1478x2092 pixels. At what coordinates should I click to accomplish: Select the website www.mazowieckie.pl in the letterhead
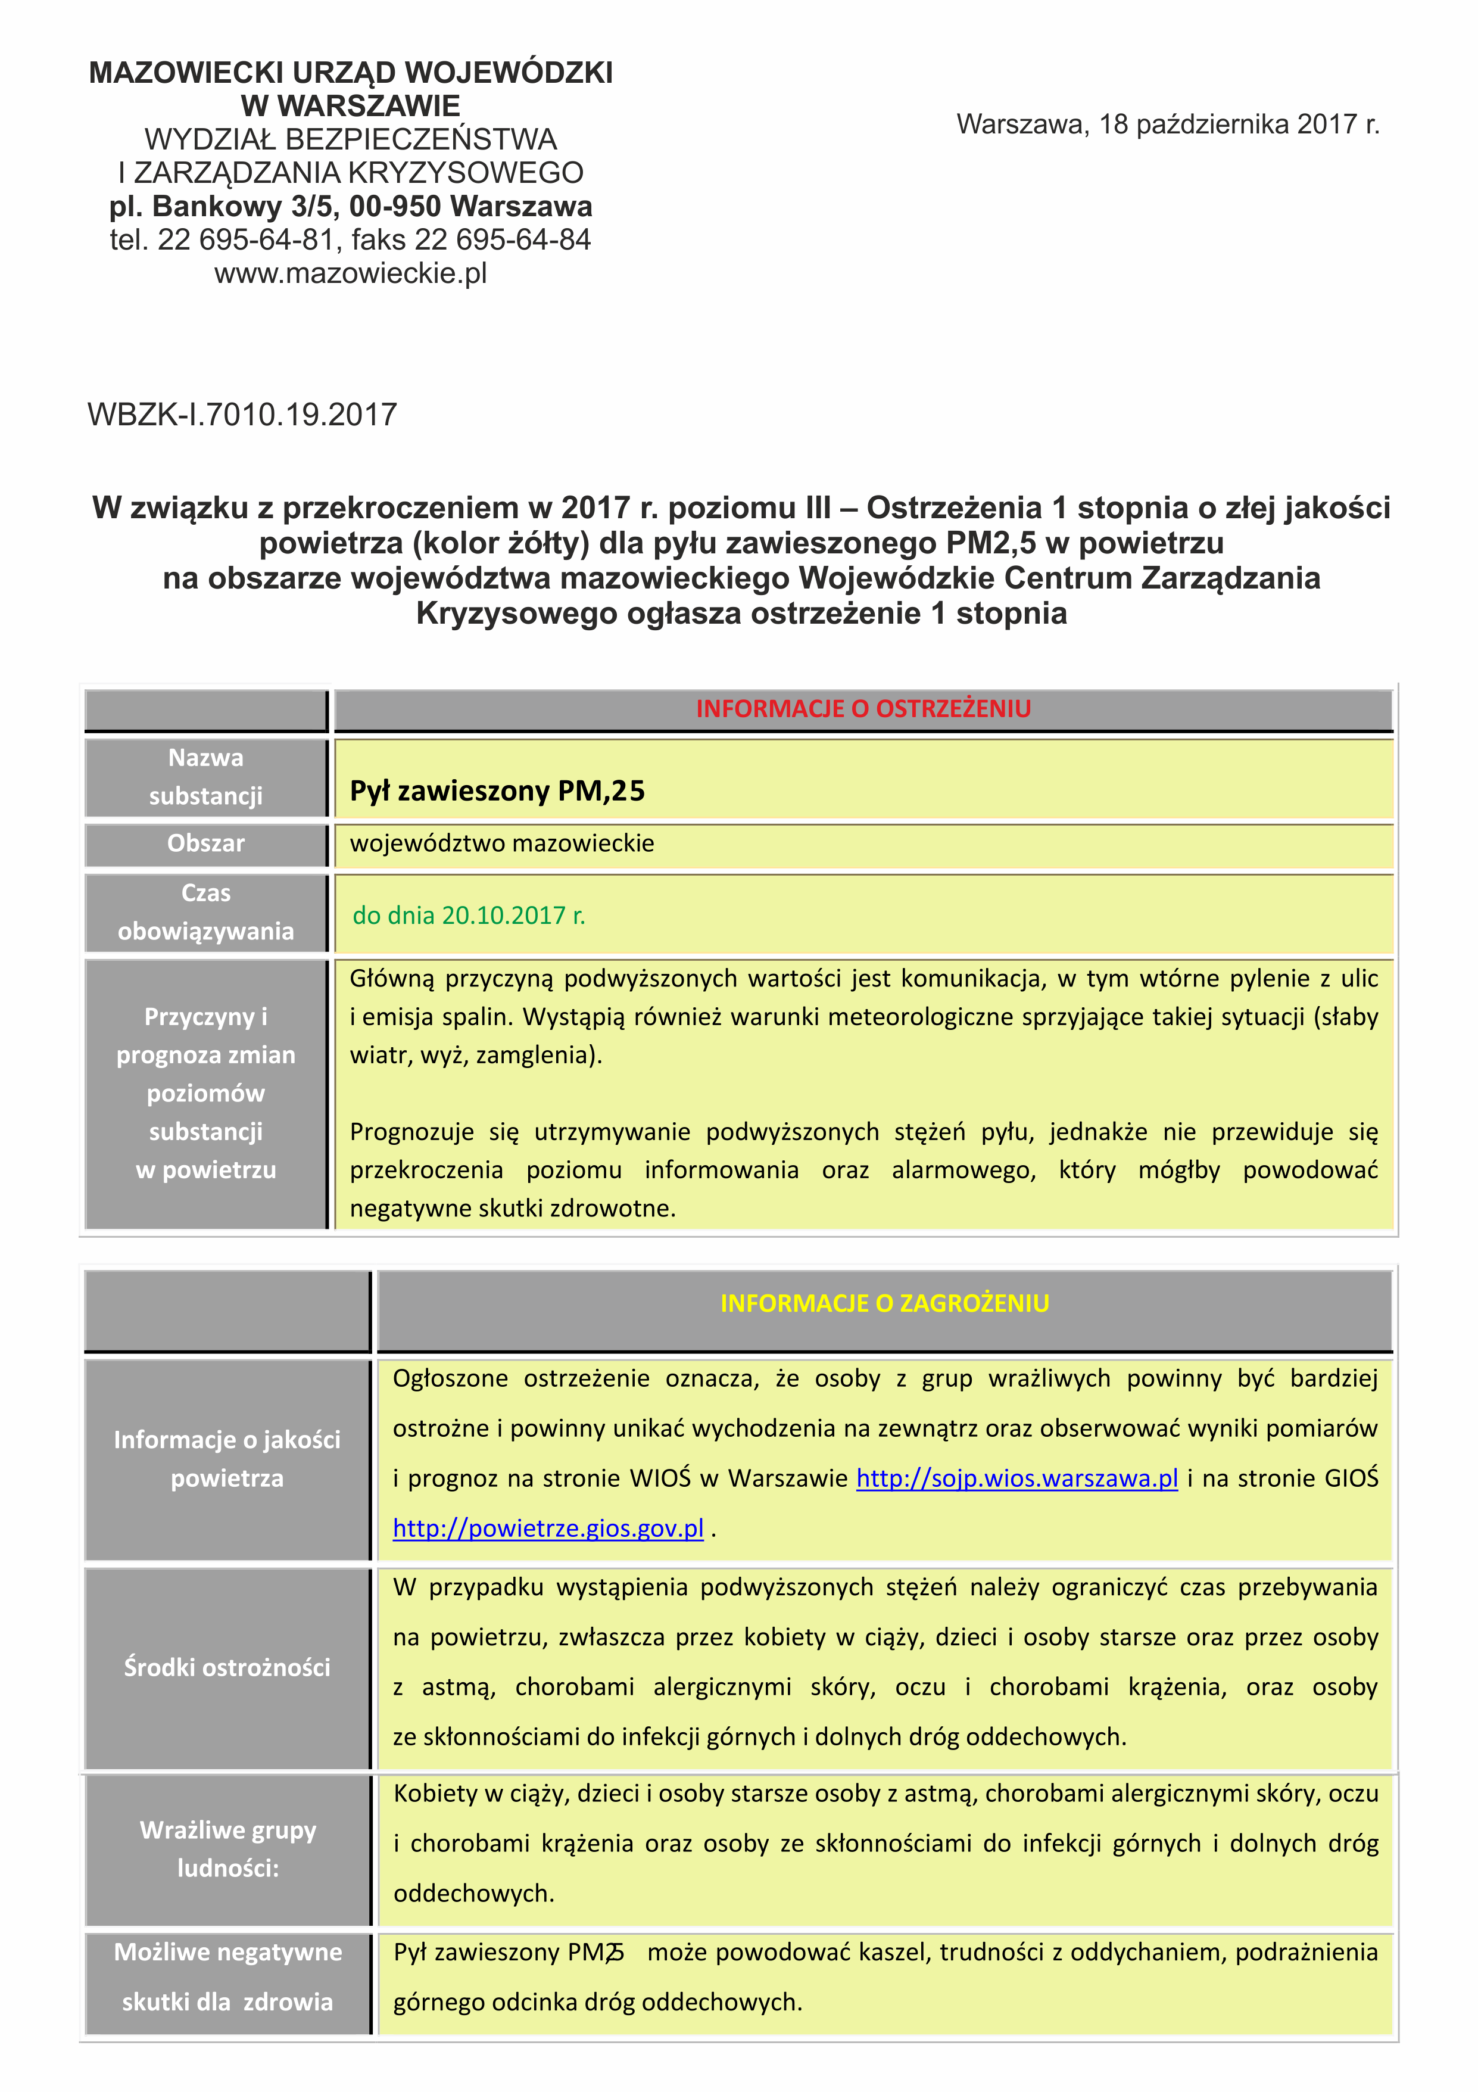[351, 273]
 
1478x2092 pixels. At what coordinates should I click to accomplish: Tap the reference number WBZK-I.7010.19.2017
[242, 415]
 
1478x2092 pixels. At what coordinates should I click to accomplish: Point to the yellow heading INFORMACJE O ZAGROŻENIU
[884, 1303]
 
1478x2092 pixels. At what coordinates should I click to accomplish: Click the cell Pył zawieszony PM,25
[497, 790]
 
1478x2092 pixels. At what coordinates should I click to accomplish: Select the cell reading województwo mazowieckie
[502, 843]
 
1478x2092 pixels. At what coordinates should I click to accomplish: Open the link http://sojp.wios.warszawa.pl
[1016, 1478]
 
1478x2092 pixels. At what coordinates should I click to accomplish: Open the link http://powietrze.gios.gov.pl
[548, 1528]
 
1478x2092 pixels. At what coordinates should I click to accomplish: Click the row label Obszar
[206, 843]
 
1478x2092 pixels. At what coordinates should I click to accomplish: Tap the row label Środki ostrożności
[227, 1667]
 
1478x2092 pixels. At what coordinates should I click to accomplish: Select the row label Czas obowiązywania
[206, 912]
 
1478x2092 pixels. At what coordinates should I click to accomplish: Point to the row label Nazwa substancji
[206, 776]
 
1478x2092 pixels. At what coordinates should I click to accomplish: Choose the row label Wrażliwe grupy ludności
[227, 1849]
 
